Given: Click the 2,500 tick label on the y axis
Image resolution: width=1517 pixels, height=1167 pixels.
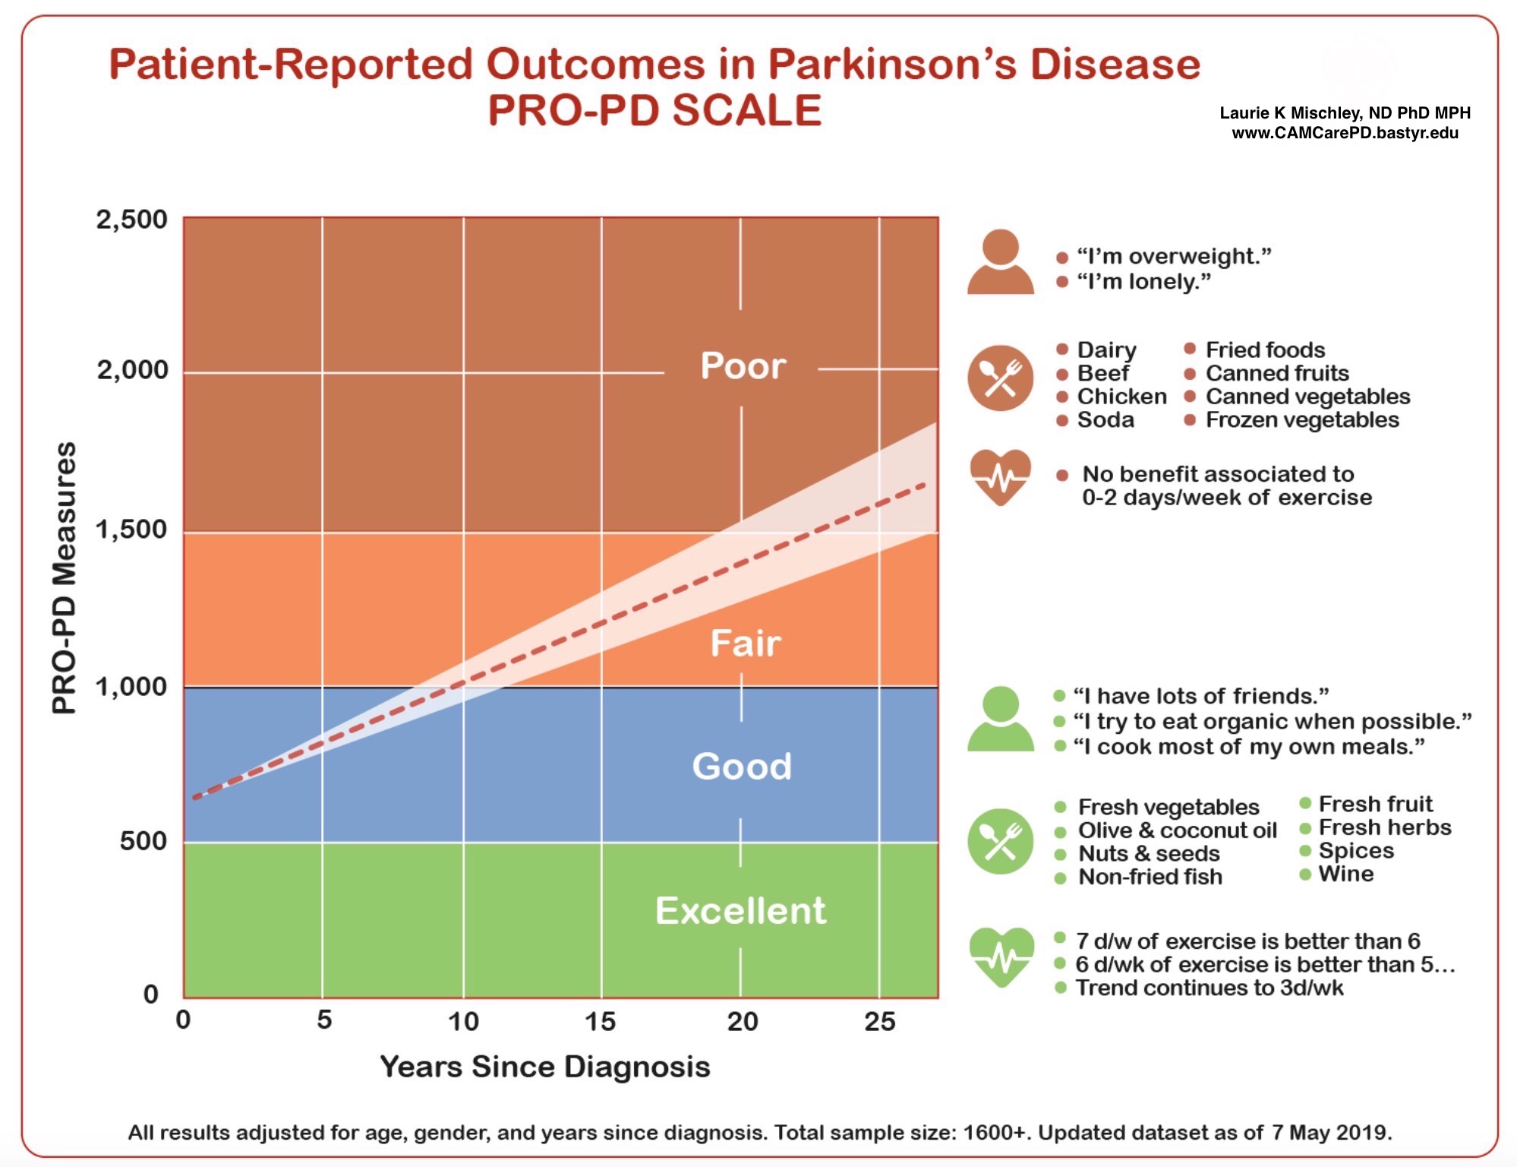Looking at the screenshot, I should click(131, 220).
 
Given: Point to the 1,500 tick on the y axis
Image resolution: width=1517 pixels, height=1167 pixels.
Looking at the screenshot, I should click(131, 529).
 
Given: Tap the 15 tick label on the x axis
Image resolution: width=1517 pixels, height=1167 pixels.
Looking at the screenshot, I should click(600, 1021).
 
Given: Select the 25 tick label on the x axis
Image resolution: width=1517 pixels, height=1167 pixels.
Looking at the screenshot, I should click(879, 1021).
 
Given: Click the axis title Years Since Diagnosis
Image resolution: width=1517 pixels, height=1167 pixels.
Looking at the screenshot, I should click(544, 1067).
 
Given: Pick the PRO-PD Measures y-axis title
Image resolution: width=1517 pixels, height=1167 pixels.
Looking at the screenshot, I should click(65, 577).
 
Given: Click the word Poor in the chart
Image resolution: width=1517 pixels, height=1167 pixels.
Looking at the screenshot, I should click(743, 366).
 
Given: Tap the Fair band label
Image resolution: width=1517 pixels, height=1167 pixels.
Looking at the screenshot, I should click(745, 644).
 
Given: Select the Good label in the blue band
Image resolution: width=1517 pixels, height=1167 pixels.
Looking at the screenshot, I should click(742, 766).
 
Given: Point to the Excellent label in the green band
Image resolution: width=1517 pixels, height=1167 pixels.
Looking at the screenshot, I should click(740, 910).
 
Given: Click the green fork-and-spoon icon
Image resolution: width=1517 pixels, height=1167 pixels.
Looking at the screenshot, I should click(1000, 841).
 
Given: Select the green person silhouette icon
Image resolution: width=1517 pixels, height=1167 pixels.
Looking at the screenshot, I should click(1000, 719).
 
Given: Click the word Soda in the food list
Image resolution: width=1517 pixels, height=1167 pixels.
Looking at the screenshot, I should click(1105, 420).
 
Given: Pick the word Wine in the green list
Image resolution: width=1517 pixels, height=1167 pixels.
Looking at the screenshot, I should click(1345, 874).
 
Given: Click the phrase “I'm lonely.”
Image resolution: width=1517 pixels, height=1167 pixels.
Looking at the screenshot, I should click(1143, 282).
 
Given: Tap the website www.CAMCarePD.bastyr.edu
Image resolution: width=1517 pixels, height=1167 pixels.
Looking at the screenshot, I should click(1345, 133).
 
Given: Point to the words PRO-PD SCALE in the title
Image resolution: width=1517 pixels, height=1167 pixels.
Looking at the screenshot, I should click(654, 110).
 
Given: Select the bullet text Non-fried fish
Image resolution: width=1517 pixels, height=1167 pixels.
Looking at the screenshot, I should click(1150, 877).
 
